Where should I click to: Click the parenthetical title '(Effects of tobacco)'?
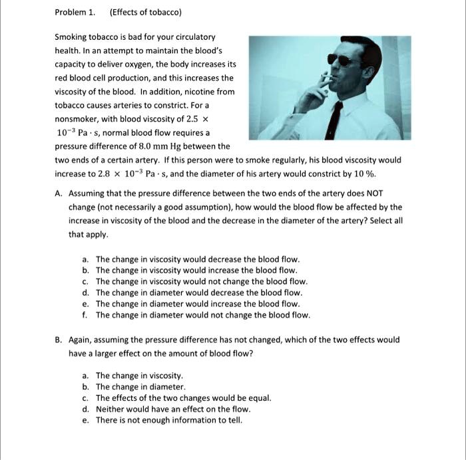pos(145,13)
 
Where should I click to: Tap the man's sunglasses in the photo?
pos(345,59)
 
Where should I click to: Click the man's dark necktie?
pos(336,120)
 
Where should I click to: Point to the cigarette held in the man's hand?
pos(326,79)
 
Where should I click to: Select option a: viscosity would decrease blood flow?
pos(198,259)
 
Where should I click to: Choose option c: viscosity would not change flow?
pos(201,281)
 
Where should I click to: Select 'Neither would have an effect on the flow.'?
pos(173,409)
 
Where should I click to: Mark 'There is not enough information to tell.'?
pos(169,420)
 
